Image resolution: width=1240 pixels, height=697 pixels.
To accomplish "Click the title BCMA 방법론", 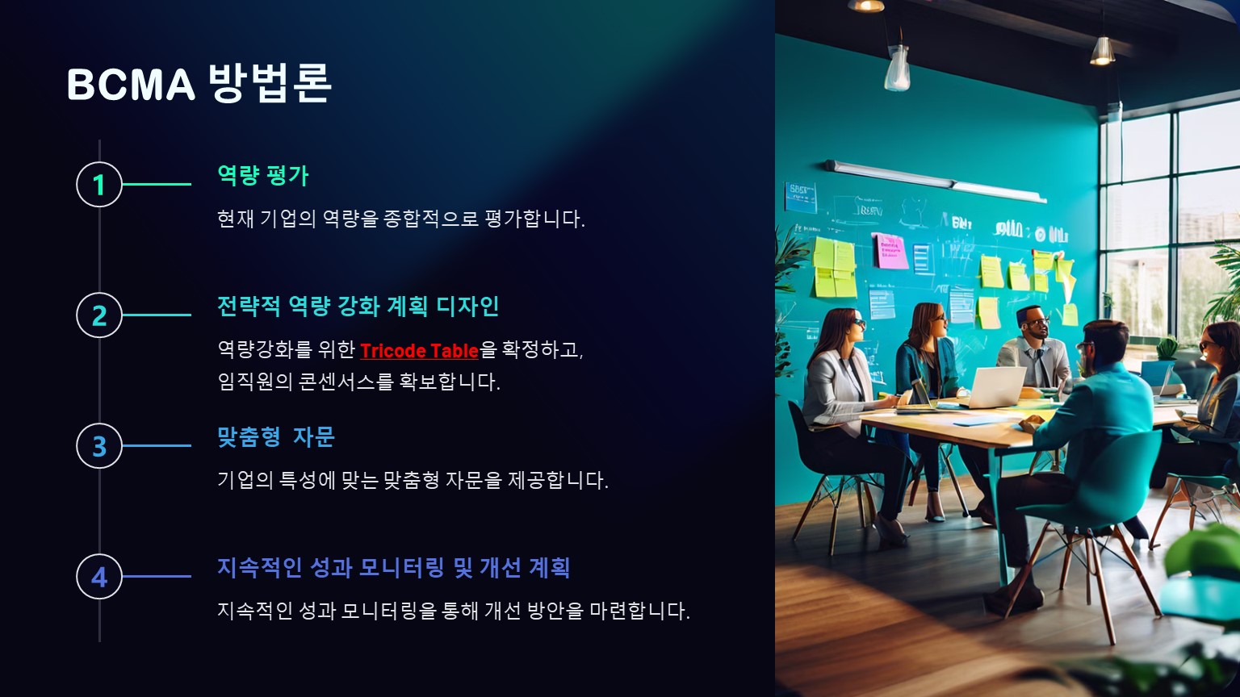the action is (x=199, y=83).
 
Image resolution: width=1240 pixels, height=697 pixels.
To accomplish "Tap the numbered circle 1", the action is (x=99, y=184).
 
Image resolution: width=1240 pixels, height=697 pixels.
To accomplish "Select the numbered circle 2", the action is (x=99, y=315).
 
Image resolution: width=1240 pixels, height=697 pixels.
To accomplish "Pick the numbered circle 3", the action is (x=99, y=445).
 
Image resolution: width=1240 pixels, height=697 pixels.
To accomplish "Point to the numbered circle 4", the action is (x=99, y=576).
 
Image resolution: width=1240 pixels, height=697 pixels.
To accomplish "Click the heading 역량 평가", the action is (x=262, y=175).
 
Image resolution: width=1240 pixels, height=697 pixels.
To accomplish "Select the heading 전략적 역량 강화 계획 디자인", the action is (x=358, y=306).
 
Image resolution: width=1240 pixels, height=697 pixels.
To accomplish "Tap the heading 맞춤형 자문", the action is (x=275, y=436).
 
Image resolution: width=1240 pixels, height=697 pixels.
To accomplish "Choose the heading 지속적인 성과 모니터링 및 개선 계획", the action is (x=394, y=567).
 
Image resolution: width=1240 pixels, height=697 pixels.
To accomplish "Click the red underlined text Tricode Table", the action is (x=419, y=351).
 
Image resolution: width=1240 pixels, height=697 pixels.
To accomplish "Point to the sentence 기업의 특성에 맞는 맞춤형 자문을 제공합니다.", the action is (x=413, y=480).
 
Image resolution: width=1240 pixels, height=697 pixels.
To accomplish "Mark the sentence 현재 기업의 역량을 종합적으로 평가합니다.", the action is (x=400, y=219).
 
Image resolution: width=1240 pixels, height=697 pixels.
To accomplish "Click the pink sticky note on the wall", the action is (x=890, y=251).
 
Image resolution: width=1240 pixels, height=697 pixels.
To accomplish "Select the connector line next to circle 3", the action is (x=157, y=445).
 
